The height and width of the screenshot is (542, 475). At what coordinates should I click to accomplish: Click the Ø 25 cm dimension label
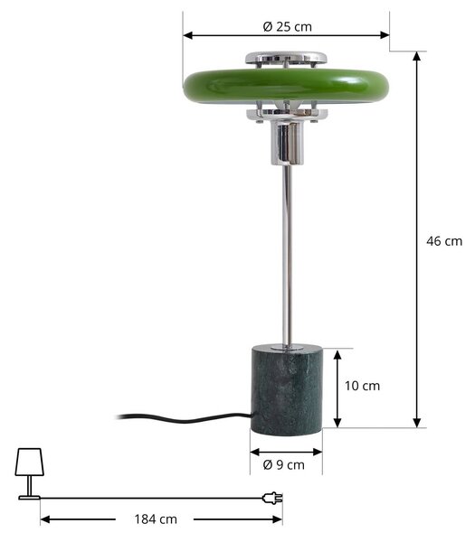[x=287, y=26]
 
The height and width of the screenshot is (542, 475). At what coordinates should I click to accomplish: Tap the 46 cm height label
[x=444, y=241]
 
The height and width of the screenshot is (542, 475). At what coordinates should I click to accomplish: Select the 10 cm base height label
[x=362, y=386]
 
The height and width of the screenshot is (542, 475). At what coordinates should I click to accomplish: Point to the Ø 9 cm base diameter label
[x=283, y=465]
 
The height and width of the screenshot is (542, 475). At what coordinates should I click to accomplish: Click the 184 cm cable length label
[x=156, y=519]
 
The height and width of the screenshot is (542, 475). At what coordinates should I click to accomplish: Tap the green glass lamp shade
[x=286, y=86]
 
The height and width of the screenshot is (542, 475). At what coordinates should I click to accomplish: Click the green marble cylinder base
[x=287, y=390]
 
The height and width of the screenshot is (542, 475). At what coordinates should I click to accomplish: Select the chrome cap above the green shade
[x=286, y=58]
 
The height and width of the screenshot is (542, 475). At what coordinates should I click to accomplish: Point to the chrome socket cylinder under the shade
[x=287, y=143]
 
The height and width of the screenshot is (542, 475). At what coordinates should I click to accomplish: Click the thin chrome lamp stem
[x=287, y=255]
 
